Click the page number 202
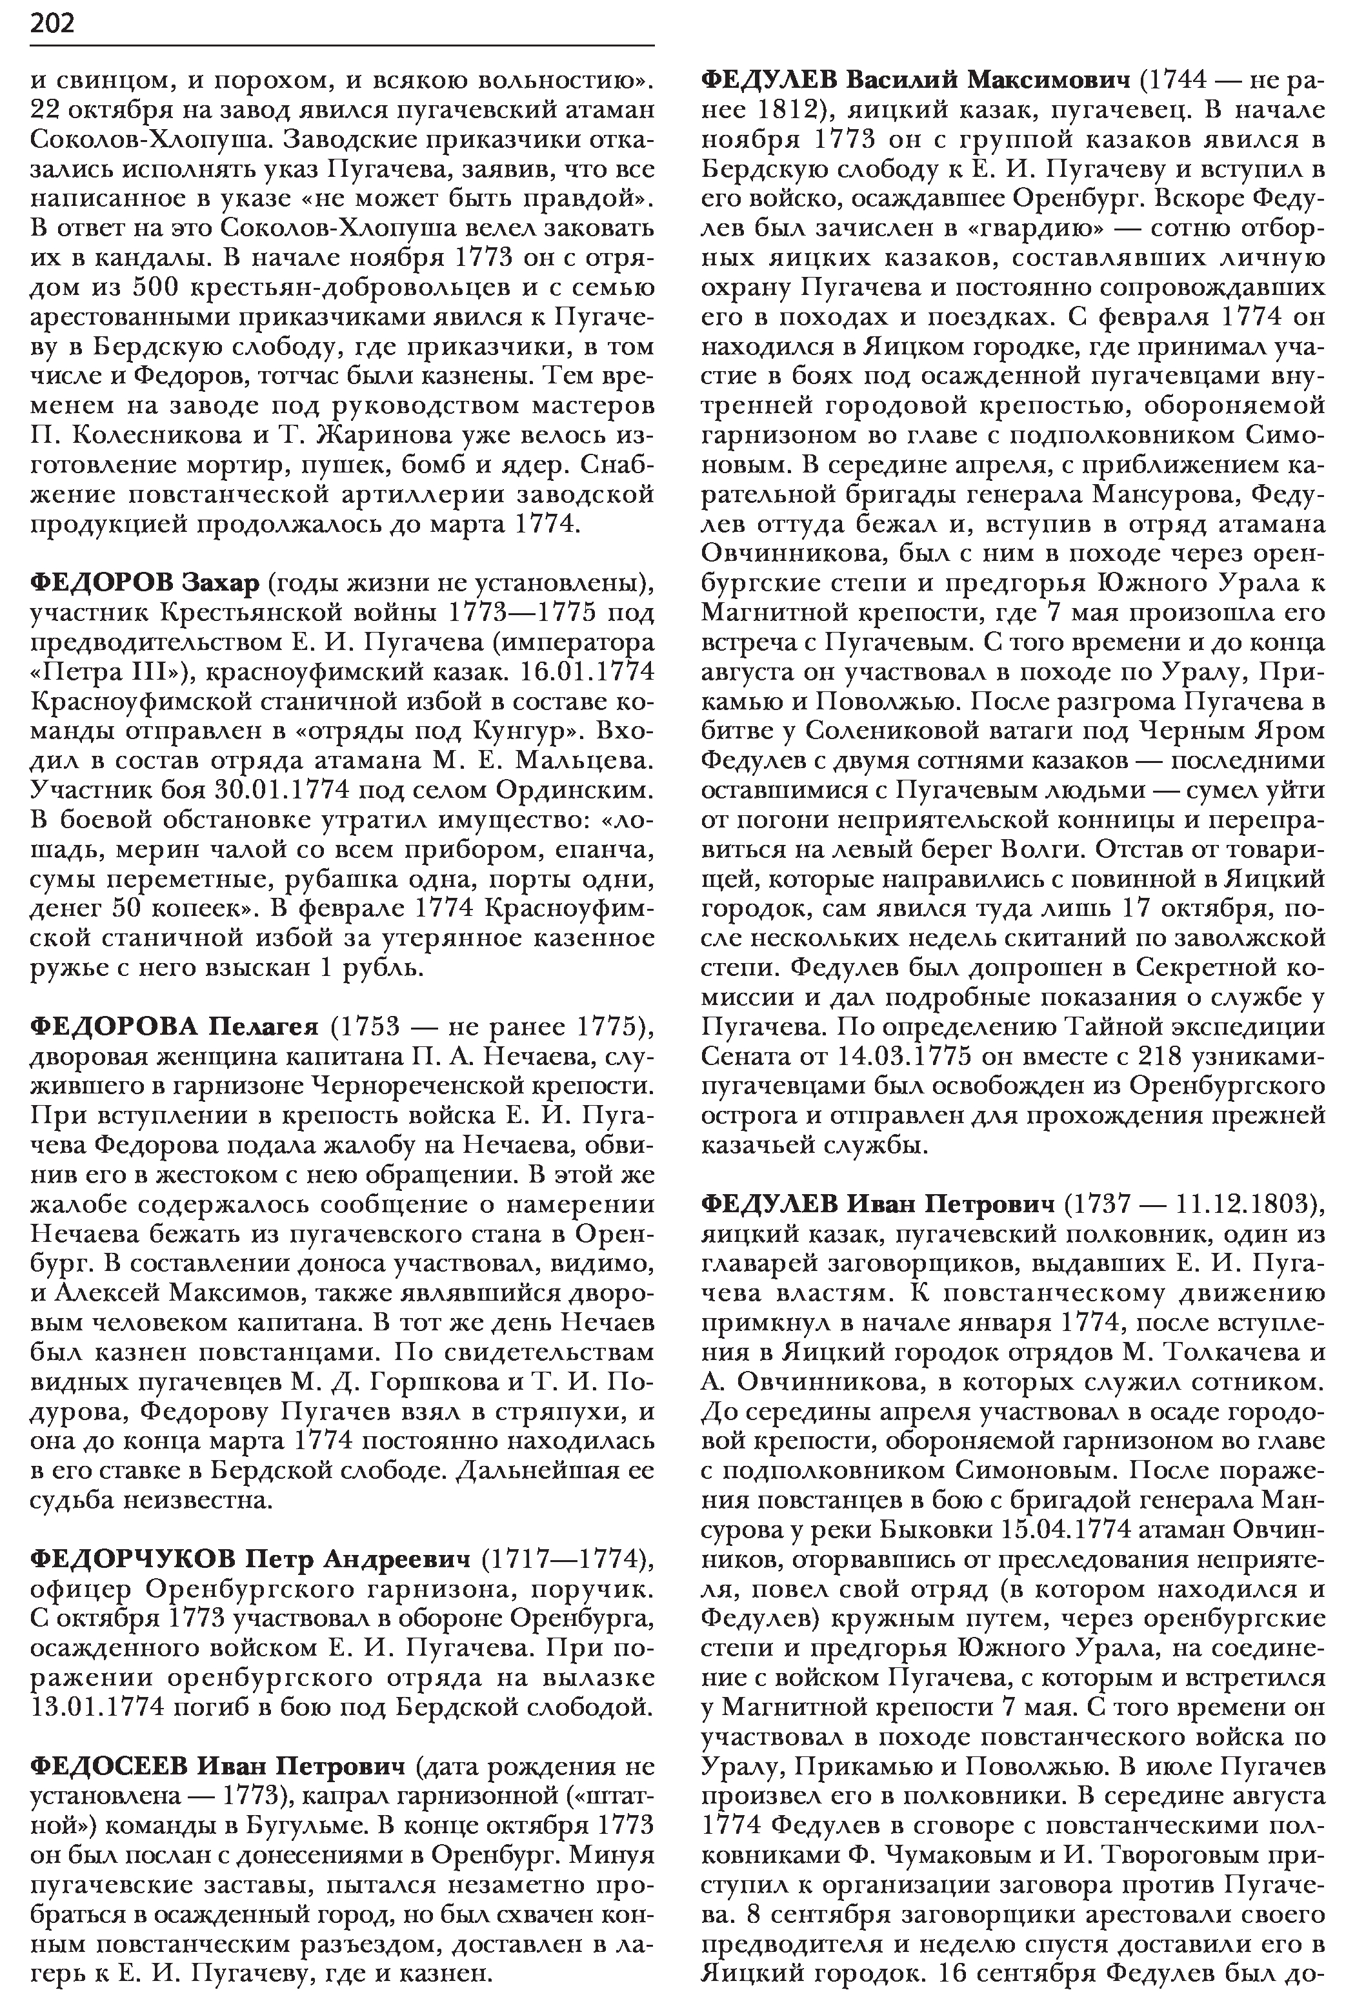52,23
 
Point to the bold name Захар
221,583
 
